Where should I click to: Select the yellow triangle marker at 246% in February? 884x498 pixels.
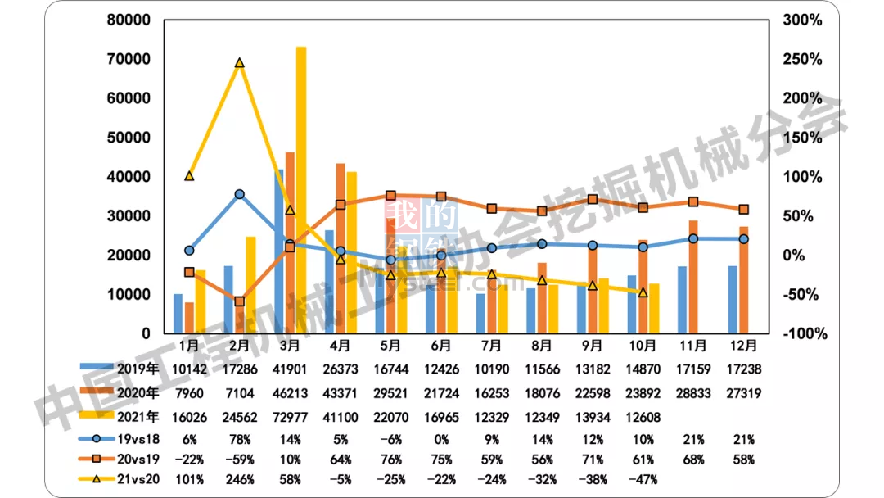[240, 63]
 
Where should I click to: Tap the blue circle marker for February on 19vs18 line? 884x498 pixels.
[240, 194]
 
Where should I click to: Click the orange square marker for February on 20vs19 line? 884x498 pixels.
[240, 301]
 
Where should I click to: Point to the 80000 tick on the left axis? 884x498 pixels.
[128, 20]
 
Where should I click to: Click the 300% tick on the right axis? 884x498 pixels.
[801, 20]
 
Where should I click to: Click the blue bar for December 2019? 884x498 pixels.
[733, 299]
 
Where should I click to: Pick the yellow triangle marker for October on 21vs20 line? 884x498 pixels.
[643, 292]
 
